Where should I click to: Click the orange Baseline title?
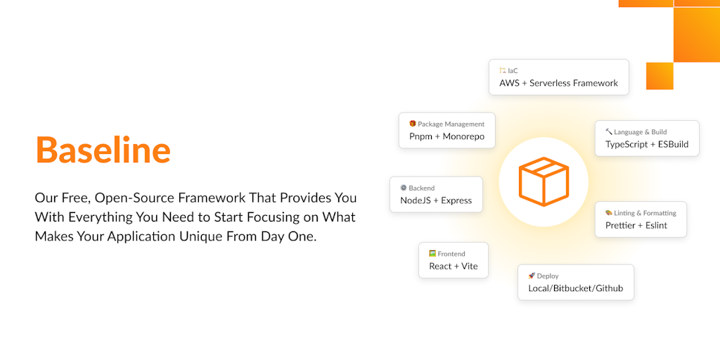[x=103, y=150]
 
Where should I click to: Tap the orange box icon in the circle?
[x=544, y=182]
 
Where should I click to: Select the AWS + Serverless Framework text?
[x=558, y=83]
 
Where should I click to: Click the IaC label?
[x=513, y=71]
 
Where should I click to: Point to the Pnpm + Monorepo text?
[x=446, y=136]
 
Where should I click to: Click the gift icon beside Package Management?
[x=412, y=124]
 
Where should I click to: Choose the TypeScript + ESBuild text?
[x=647, y=144]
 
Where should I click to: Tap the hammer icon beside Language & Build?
[x=609, y=131]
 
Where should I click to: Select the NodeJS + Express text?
[x=436, y=200]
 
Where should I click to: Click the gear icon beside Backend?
[x=404, y=187]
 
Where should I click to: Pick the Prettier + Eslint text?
[x=636, y=226]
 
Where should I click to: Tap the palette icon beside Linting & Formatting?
[x=609, y=212]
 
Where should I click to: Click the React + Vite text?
[x=454, y=266]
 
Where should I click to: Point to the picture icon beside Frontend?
[x=432, y=253]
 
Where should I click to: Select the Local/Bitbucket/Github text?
[x=575, y=288]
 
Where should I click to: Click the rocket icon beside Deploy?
[x=532, y=276]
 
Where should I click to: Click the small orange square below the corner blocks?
[x=660, y=76]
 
